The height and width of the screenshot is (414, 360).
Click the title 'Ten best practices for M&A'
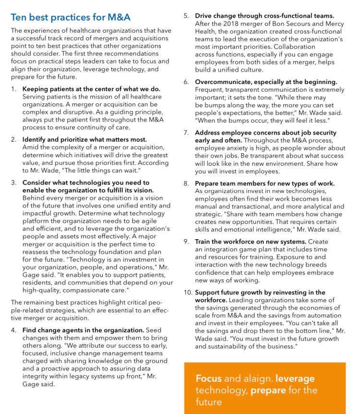[70, 17]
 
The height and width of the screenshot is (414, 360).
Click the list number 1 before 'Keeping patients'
[14, 89]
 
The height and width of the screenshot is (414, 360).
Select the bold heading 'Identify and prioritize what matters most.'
[84, 139]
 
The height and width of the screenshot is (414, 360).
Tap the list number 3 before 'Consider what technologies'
[14, 183]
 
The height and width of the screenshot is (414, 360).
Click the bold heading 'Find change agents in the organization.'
[83, 330]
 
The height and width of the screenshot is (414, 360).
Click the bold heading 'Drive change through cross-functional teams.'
[264, 16]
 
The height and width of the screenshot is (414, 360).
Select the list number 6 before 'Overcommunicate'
[186, 82]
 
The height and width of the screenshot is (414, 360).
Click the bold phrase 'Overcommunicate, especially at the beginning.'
[266, 82]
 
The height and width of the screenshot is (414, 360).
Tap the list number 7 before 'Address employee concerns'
[186, 133]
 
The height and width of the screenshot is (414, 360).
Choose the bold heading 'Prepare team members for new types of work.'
[264, 183]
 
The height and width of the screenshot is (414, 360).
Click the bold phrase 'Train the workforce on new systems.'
[250, 242]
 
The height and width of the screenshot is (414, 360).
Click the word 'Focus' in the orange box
[208, 378]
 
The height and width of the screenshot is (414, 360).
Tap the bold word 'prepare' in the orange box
[267, 390]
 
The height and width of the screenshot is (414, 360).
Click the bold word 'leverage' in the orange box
[295, 378]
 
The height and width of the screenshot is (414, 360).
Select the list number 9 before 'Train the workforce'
[186, 242]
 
